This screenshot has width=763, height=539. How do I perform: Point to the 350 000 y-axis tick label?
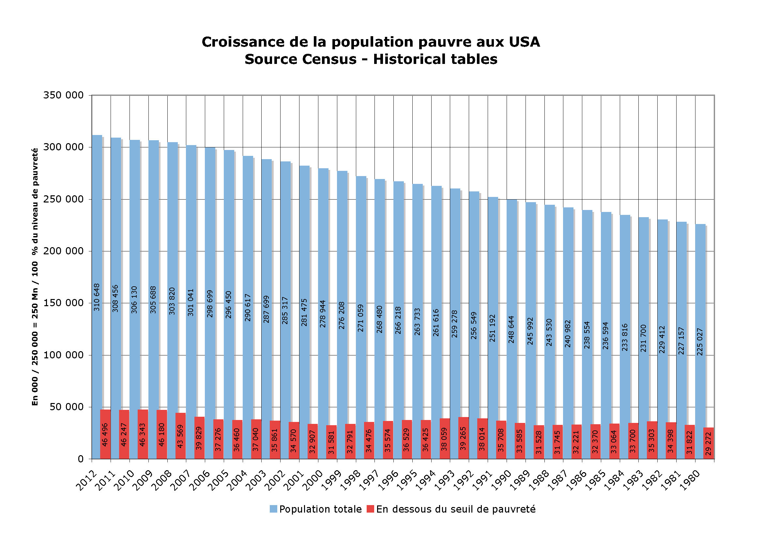click(63, 95)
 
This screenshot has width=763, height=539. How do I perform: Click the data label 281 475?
click(304, 312)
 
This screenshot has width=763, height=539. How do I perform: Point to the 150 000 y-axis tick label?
click(63, 303)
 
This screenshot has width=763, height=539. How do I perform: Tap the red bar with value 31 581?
click(331, 442)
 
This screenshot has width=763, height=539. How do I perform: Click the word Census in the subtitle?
click(329, 59)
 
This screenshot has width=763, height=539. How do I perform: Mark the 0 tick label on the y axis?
click(81, 459)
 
